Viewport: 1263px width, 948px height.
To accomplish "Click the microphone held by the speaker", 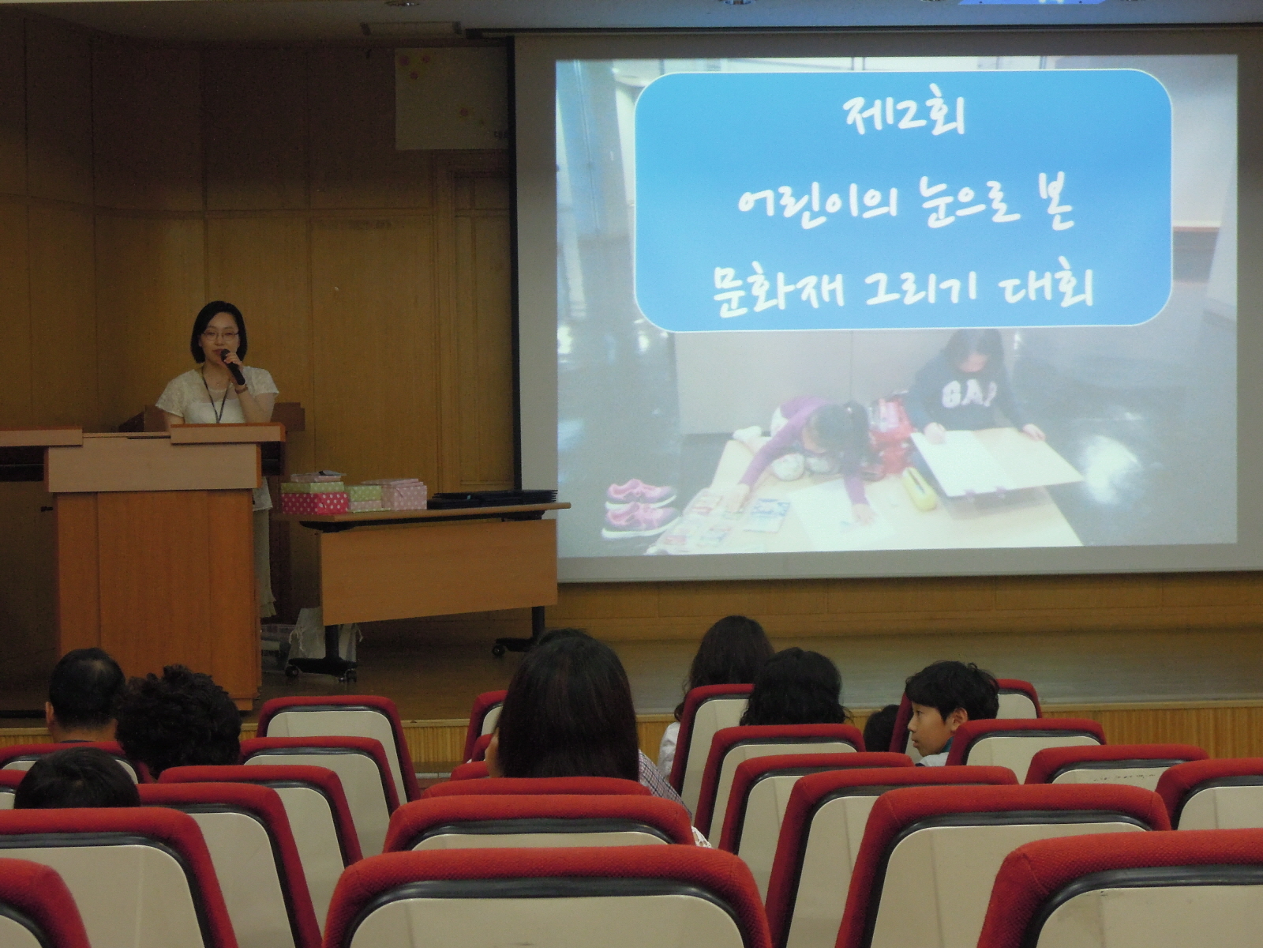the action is tap(234, 367).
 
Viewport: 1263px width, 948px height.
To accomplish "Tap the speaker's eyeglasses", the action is tap(219, 334).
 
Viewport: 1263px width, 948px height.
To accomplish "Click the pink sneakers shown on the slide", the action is tap(640, 506).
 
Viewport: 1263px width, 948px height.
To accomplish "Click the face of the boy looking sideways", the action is tap(928, 728).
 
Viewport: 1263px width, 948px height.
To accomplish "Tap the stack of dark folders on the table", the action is tap(492, 498).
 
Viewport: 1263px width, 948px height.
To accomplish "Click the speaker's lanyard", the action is tap(213, 395).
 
